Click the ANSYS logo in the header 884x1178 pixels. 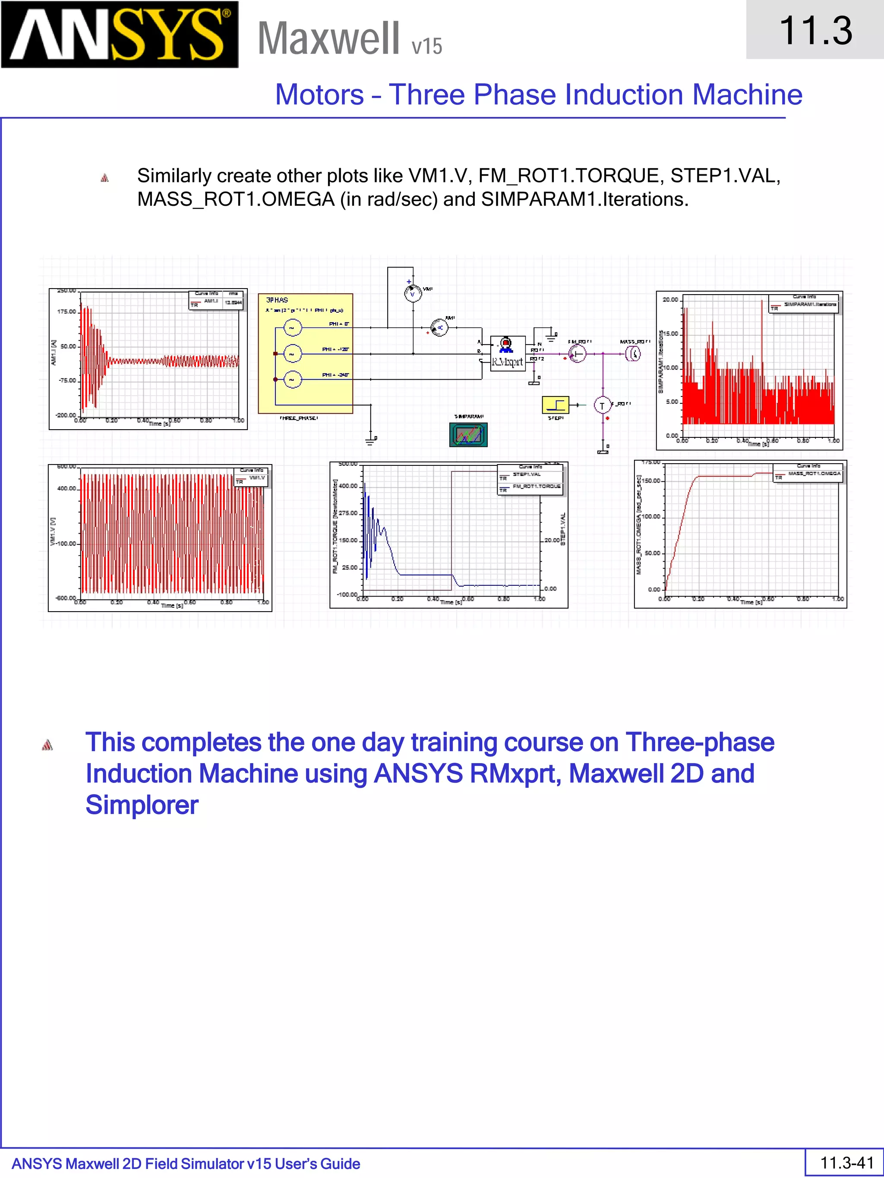point(120,35)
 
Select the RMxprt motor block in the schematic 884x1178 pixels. point(507,353)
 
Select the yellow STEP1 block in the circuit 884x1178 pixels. point(555,405)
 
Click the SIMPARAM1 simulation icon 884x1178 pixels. point(468,434)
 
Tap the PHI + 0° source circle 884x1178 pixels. point(292,327)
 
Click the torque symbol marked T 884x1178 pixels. point(602,406)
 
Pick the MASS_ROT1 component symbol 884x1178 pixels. point(633,353)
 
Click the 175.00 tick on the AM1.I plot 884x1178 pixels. point(66,311)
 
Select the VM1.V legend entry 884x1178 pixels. point(257,477)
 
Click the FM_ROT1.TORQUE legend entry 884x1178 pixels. point(536,486)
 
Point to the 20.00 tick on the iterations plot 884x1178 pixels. point(670,300)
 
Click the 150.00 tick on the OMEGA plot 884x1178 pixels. point(652,481)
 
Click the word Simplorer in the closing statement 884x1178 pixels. point(142,805)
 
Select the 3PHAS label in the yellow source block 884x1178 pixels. point(277,300)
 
